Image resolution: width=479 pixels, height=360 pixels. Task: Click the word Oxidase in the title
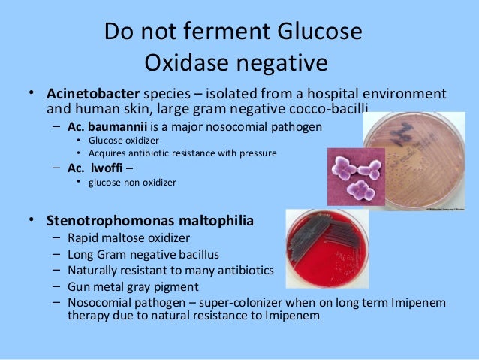coord(188,63)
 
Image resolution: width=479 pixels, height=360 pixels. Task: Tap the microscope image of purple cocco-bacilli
coord(355,173)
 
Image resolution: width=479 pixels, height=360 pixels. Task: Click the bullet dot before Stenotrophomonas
coord(32,221)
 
